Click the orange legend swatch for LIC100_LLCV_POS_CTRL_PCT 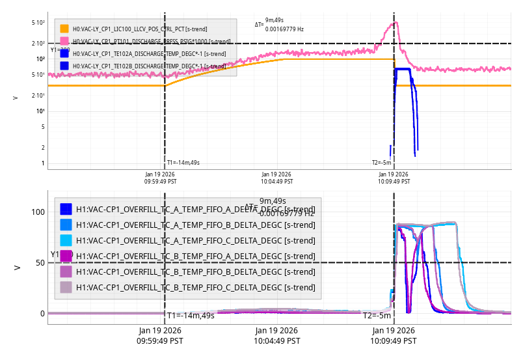[x=64, y=29]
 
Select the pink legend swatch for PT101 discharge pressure [x=64, y=41]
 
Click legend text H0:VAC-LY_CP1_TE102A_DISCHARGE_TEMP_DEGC [x=149, y=54]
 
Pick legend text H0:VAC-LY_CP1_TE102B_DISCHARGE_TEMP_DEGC [x=149, y=66]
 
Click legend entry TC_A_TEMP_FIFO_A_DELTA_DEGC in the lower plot [x=195, y=209]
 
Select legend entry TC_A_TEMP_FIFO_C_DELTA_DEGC [x=195, y=240]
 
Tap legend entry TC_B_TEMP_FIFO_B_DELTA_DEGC [x=195, y=271]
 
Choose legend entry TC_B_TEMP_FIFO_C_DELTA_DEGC [x=195, y=287]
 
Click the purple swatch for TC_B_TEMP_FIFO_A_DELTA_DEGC [x=66, y=256]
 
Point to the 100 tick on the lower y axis [x=38, y=212]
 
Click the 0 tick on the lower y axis [x=42, y=313]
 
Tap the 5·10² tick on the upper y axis [x=38, y=23]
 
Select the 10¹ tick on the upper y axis [x=40, y=111]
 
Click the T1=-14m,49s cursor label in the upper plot [x=183, y=163]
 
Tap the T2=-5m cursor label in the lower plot [x=377, y=316]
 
